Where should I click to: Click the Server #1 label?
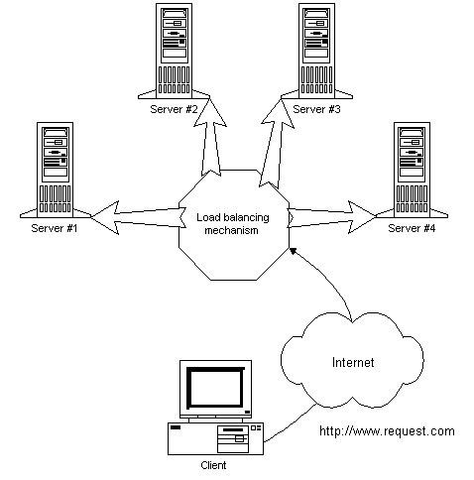(x=55, y=228)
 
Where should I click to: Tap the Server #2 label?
(x=174, y=109)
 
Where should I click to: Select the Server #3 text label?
(x=316, y=109)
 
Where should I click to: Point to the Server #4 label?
(x=412, y=228)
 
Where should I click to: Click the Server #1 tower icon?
(x=55, y=170)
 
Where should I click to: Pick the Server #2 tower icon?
(x=174, y=51)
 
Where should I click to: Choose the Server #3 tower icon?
(x=316, y=51)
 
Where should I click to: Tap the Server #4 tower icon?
(x=412, y=170)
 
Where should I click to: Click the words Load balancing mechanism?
(x=232, y=224)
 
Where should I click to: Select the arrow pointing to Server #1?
(x=137, y=218)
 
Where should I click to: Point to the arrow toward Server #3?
(x=276, y=142)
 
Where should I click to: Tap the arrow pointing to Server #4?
(x=331, y=217)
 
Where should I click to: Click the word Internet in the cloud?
(x=353, y=363)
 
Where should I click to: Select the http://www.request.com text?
(x=387, y=431)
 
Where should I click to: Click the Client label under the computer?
(x=213, y=465)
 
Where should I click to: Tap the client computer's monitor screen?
(x=215, y=388)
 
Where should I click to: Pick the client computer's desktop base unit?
(x=215, y=438)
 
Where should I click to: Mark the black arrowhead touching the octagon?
(x=293, y=251)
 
